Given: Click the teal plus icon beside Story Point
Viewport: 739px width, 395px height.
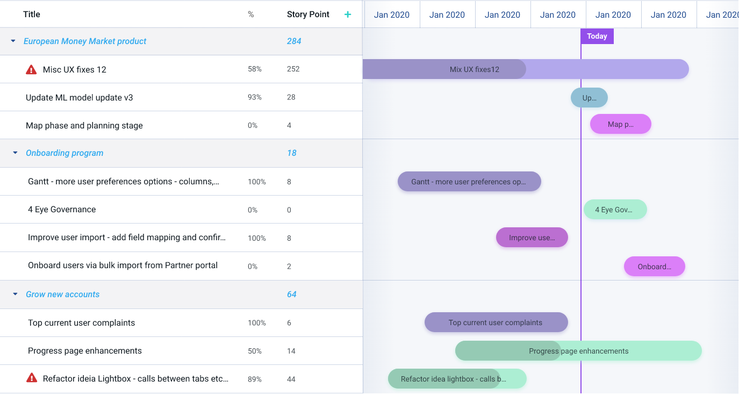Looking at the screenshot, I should coord(348,15).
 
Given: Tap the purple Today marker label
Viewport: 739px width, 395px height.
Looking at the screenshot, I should coord(597,36).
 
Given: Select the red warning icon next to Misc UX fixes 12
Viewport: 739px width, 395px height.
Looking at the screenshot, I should coord(31,69).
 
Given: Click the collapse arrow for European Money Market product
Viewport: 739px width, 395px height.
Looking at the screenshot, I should coord(13,41).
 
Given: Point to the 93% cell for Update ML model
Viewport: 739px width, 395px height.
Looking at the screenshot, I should coord(255,97).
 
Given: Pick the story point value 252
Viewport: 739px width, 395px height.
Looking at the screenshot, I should coord(293,69).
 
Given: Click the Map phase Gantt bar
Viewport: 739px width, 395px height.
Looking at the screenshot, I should coord(620,124).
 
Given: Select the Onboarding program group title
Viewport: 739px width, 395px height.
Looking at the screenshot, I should coord(64,153).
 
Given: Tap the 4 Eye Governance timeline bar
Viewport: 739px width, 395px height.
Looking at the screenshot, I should coord(615,210).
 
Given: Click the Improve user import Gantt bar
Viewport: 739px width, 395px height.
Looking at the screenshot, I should coord(532,238).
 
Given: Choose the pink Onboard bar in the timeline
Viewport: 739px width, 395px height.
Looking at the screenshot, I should coord(654,267).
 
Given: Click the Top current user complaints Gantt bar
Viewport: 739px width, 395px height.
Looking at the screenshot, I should coord(496,322).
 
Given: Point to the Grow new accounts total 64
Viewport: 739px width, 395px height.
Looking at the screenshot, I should coord(292,295).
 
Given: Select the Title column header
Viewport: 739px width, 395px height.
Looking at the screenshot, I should coord(32,15).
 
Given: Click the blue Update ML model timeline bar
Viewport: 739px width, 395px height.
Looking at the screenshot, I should coord(589,98).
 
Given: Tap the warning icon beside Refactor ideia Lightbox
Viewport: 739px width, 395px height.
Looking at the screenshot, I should coord(32,378).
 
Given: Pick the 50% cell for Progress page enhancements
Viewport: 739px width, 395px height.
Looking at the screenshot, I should coord(255,351).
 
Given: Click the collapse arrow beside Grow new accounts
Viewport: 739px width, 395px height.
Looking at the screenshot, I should coord(15,295).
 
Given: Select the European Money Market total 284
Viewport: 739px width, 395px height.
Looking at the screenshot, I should coord(294,41).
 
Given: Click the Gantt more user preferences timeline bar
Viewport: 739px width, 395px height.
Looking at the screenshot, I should coord(469,182).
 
